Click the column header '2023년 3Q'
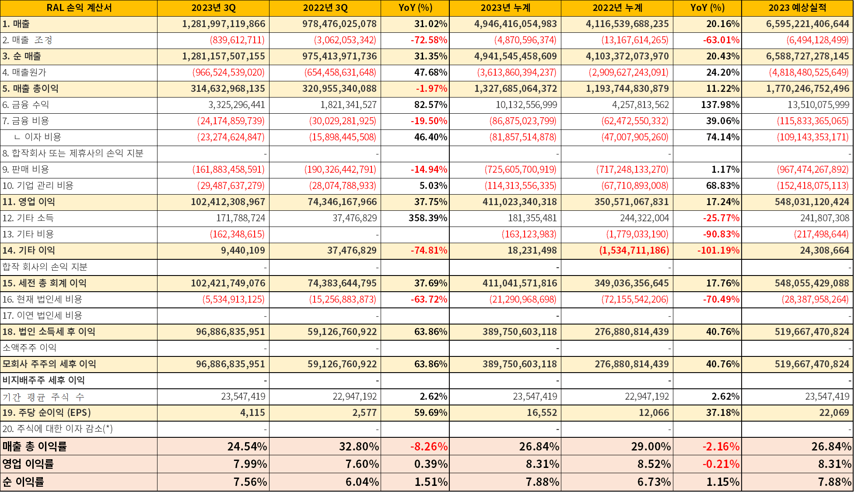(x=213, y=8)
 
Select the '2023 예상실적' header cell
(x=798, y=8)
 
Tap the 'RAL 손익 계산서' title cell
(x=79, y=8)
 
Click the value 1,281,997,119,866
(x=224, y=24)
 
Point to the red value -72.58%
(x=429, y=40)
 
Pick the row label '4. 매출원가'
(x=24, y=73)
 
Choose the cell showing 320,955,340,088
(x=339, y=89)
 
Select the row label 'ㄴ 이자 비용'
(x=38, y=137)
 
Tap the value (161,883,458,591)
(x=228, y=170)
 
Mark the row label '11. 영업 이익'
(x=29, y=202)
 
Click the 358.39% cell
(x=428, y=218)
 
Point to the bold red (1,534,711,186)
(x=634, y=251)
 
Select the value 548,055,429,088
(x=812, y=283)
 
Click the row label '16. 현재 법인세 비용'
(x=42, y=300)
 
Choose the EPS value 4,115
(x=252, y=413)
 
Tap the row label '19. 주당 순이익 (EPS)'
(x=47, y=413)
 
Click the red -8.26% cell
(x=429, y=447)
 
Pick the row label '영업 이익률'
(x=28, y=464)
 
